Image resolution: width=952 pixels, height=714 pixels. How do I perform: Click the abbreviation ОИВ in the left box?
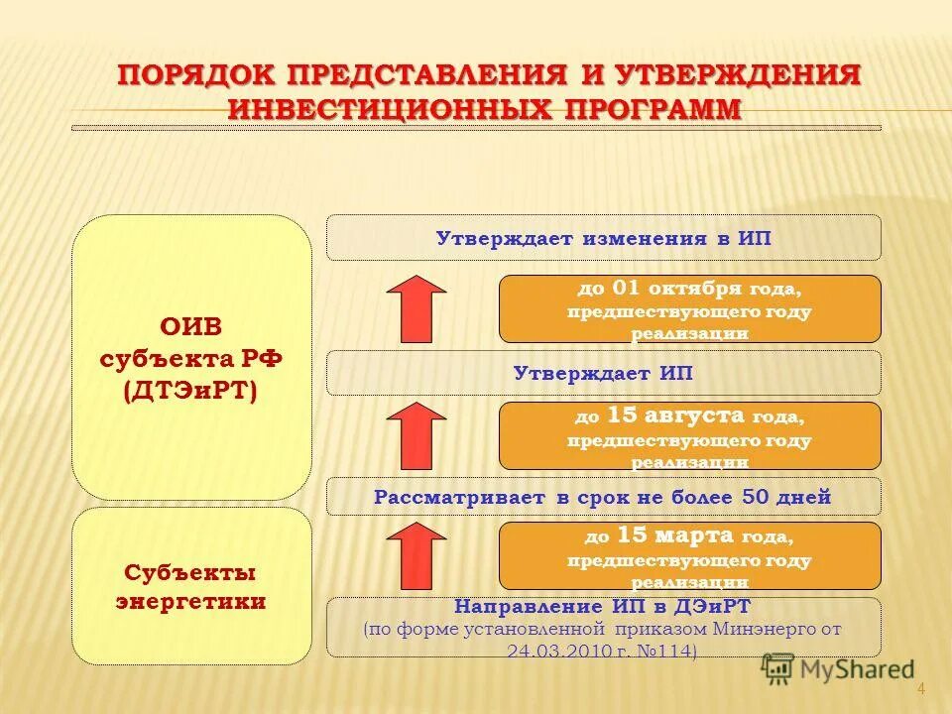[191, 327]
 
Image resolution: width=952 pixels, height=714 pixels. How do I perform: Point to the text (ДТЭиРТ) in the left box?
[191, 391]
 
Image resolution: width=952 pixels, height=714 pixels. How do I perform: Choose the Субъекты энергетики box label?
[191, 586]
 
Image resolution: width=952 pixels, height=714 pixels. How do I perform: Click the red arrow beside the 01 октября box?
[416, 308]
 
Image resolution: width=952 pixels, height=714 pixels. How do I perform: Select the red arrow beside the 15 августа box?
[416, 435]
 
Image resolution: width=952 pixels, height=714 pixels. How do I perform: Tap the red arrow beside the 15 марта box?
[416, 555]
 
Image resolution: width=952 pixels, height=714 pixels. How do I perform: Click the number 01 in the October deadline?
[626, 289]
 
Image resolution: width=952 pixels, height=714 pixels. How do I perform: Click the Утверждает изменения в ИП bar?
[603, 238]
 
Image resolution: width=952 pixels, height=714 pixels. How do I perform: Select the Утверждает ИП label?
[603, 373]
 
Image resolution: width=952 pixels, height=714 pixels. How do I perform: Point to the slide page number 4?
[920, 690]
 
